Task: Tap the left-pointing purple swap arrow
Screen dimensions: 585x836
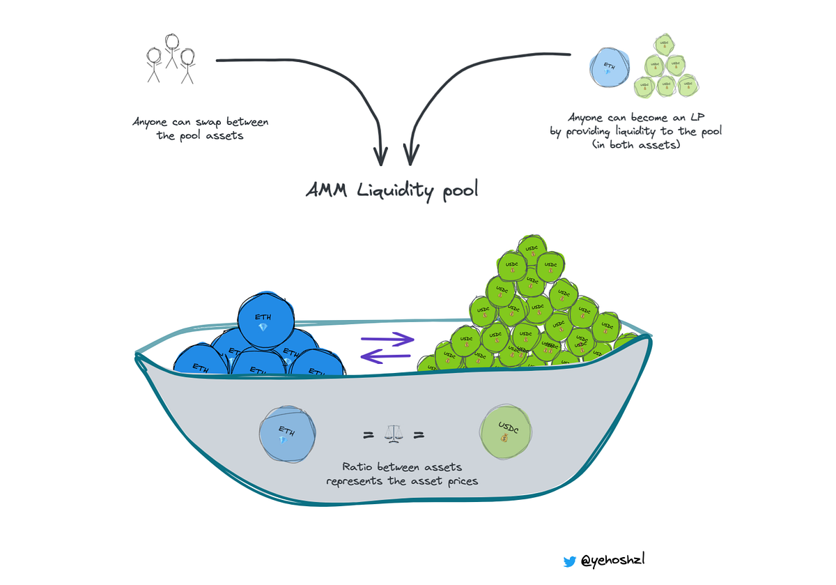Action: (x=387, y=357)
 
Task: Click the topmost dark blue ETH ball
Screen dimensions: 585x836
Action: (x=263, y=320)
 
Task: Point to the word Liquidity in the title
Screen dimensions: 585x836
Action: (x=397, y=191)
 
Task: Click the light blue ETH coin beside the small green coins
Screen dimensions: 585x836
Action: (x=609, y=68)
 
